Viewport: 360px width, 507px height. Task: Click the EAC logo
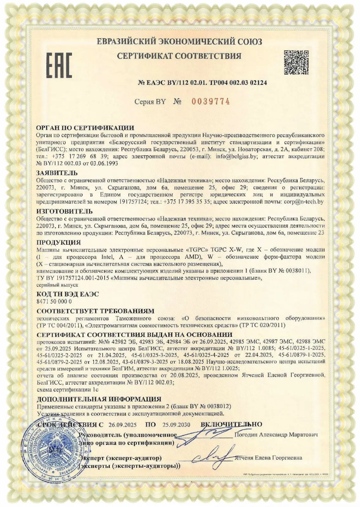[x=60, y=66]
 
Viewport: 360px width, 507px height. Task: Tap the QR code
[x=296, y=62]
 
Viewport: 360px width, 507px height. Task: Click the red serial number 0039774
[x=210, y=101]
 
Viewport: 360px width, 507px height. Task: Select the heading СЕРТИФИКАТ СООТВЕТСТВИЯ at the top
[x=179, y=56]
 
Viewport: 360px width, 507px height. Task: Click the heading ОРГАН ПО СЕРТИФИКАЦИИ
[x=85, y=128]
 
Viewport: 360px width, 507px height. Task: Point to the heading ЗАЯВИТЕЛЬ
[x=57, y=173]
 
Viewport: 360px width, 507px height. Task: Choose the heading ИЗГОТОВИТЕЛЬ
[x=65, y=211]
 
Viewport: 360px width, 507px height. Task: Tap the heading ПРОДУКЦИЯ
[x=59, y=242]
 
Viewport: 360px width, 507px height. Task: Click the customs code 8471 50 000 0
[x=54, y=301]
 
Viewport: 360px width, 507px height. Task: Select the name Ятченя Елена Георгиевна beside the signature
[x=269, y=458]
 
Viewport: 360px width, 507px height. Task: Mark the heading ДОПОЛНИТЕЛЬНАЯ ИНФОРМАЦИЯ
[x=99, y=399]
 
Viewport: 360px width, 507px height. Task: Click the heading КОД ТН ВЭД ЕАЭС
[x=68, y=294]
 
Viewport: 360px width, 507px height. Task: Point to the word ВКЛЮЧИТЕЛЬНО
[x=232, y=424]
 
